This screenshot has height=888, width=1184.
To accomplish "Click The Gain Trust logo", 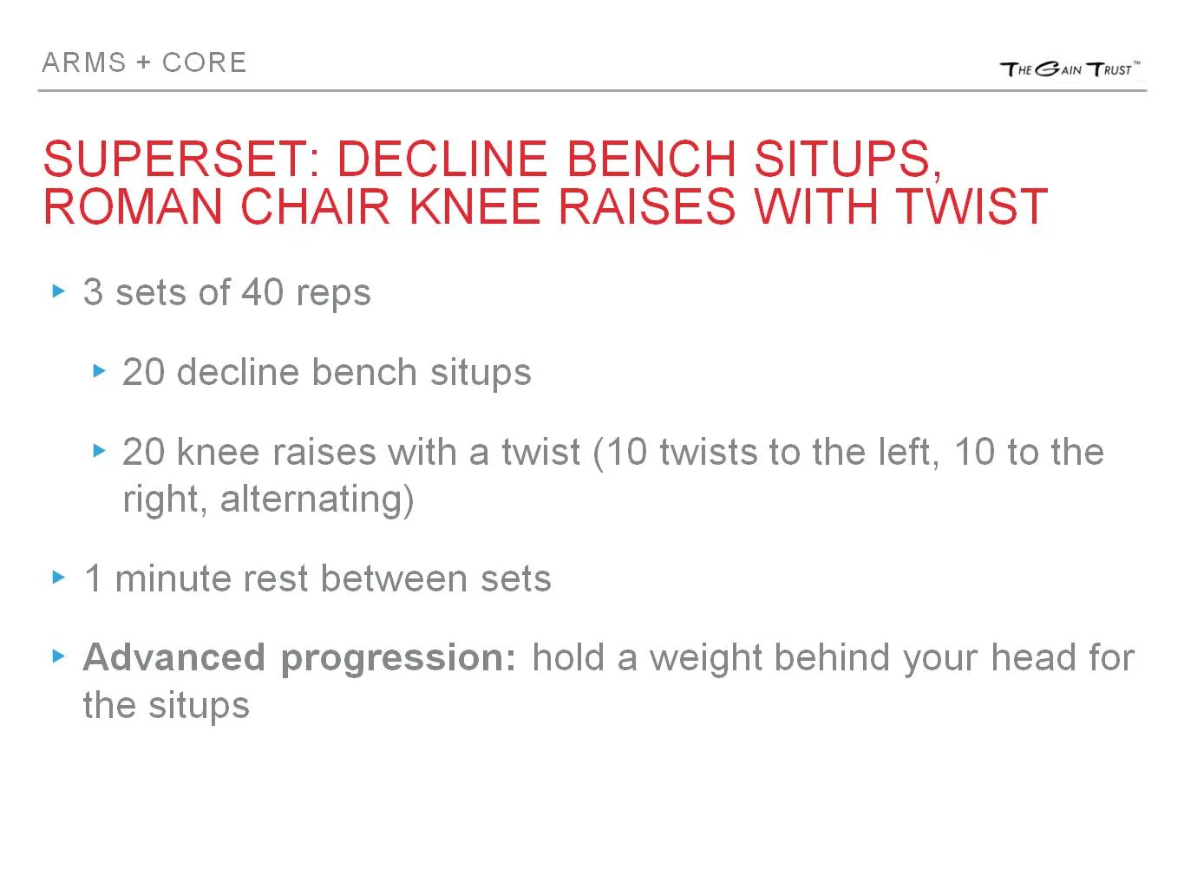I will coord(1070,69).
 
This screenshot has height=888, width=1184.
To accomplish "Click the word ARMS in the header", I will coord(84,62).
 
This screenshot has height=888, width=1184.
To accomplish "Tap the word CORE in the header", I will coord(205,62).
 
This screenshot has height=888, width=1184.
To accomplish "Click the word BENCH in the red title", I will coord(651,159).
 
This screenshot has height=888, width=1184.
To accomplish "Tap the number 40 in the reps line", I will coord(263,292).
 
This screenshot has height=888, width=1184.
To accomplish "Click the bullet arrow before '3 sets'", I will coord(59,291).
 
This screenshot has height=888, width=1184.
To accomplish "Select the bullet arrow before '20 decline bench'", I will coord(99,371).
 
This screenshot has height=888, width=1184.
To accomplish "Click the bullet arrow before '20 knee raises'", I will coord(99,451).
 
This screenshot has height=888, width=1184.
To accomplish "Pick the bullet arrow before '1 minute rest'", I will coord(59,578).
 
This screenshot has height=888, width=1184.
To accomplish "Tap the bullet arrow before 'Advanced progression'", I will coord(59,656).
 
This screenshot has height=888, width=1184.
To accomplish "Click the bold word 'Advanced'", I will coord(173,657).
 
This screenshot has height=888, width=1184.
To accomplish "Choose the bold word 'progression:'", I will coord(399,659).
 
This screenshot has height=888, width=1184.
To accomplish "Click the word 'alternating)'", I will coord(317,499).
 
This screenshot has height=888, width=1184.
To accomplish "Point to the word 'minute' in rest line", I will coord(173,578).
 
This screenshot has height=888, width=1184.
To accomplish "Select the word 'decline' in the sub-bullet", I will coord(236,372).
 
